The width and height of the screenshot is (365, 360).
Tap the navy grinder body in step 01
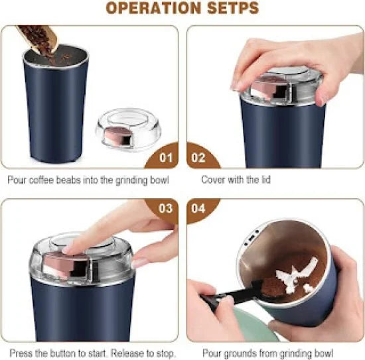tap(56, 113)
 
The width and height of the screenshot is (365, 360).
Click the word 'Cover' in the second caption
tap(214, 179)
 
